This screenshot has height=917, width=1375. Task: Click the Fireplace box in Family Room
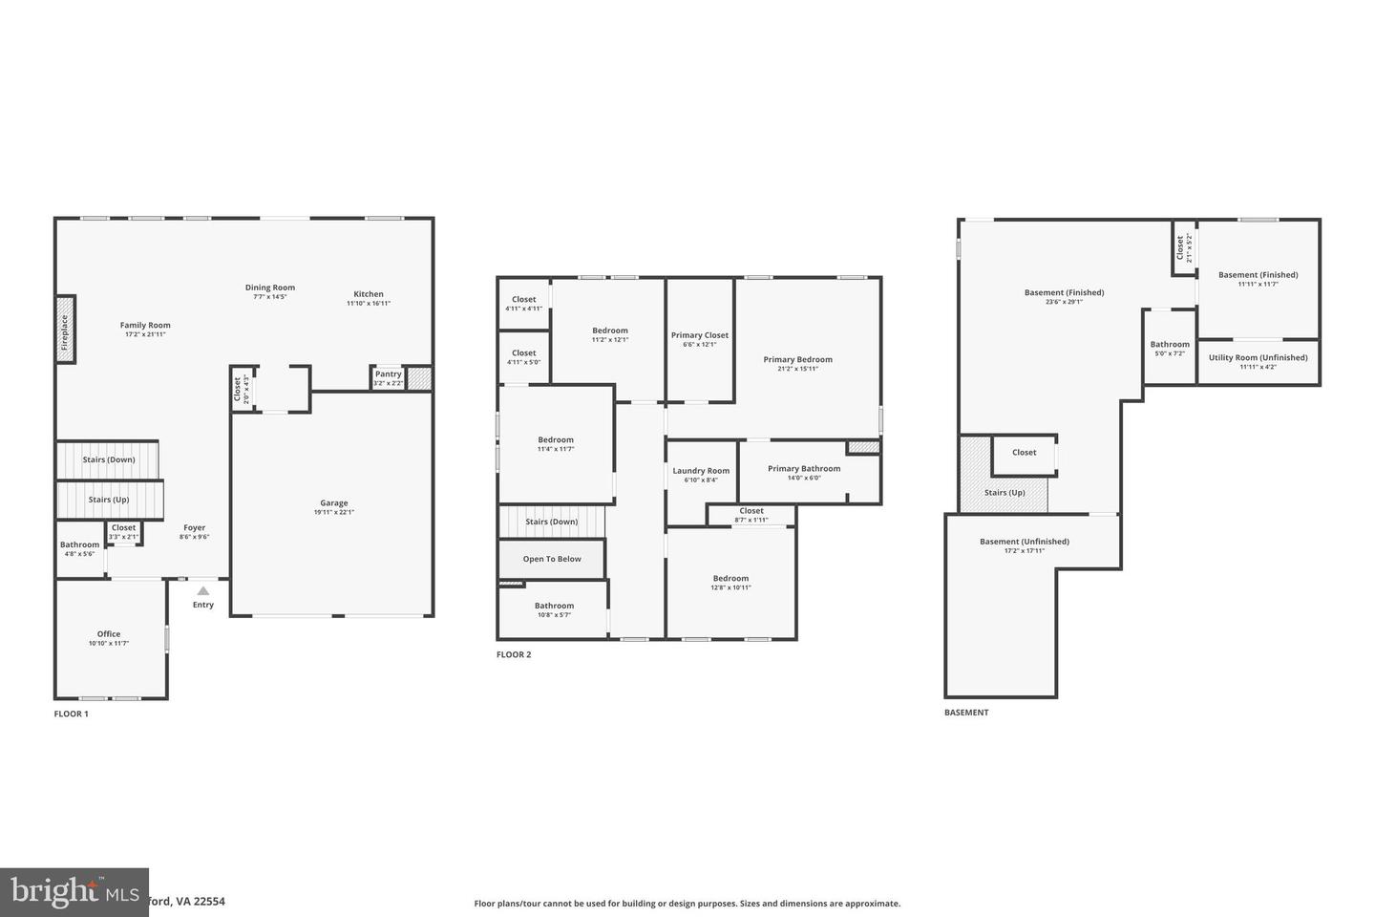coord(65,330)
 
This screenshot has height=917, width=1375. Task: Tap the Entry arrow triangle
coord(203,591)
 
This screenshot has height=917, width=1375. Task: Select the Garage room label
coord(334,502)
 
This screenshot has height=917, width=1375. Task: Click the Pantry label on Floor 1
coord(388,374)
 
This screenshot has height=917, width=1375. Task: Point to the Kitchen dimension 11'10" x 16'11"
coord(369,304)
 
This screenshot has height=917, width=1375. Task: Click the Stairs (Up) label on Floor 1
coord(109,500)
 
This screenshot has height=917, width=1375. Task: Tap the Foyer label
coord(194,527)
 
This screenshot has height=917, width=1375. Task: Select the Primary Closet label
coord(700,335)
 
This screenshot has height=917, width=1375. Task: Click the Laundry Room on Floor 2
coord(701,471)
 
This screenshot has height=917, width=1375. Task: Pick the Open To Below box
coord(552,559)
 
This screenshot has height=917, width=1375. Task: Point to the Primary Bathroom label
coord(804,468)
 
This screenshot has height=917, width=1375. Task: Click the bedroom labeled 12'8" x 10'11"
coord(730,583)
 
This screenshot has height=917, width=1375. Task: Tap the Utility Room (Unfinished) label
coord(1258,357)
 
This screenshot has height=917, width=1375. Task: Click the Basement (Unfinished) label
coord(1025,542)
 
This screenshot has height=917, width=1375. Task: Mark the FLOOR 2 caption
coord(514,654)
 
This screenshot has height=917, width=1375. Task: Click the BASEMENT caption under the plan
coord(966,713)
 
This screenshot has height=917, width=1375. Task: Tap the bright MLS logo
coord(74,892)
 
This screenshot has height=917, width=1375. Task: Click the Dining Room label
coord(270,288)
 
